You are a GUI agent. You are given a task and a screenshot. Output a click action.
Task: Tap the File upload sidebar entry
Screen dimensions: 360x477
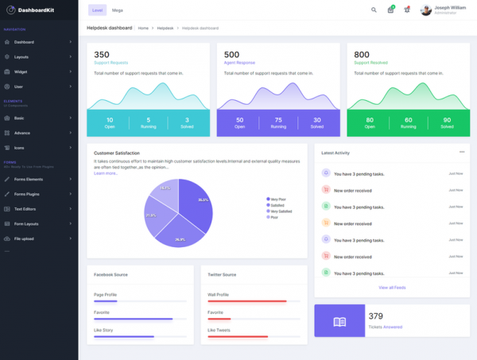[23, 238]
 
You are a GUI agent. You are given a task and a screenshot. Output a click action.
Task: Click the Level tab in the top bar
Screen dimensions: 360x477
[97, 10]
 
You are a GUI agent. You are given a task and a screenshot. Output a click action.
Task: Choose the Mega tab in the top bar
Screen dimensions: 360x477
[117, 10]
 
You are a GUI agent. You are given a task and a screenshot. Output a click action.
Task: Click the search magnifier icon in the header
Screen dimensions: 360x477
[374, 10]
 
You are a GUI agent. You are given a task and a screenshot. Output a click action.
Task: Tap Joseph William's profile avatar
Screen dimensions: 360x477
[426, 10]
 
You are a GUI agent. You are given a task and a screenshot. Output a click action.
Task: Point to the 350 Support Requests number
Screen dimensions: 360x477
[101, 54]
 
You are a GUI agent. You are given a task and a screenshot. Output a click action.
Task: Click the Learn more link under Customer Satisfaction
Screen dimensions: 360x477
[105, 173]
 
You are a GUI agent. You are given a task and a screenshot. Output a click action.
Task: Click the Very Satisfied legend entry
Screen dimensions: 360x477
[281, 211]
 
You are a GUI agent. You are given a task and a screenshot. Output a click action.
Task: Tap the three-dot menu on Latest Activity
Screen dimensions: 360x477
[462, 152]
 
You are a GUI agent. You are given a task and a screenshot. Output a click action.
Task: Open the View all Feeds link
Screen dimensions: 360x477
[393, 287]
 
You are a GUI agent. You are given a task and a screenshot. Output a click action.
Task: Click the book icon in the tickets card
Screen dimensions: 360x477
[339, 322]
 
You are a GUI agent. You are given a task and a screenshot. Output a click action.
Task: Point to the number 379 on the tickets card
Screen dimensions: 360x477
[376, 315]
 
